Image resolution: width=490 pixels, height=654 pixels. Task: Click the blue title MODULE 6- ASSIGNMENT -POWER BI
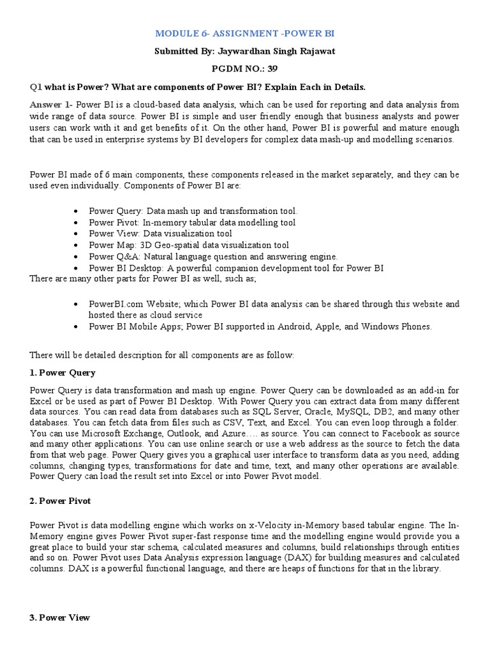(245, 33)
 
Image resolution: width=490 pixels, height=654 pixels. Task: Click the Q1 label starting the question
(36, 86)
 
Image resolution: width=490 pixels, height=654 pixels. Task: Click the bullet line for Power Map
(188, 245)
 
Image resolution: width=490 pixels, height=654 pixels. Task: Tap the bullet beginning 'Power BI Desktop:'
(235, 268)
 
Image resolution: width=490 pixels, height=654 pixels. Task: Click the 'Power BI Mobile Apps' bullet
(130, 327)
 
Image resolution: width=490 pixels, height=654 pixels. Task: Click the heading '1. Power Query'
(63, 372)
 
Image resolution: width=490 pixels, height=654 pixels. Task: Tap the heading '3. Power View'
(60, 618)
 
